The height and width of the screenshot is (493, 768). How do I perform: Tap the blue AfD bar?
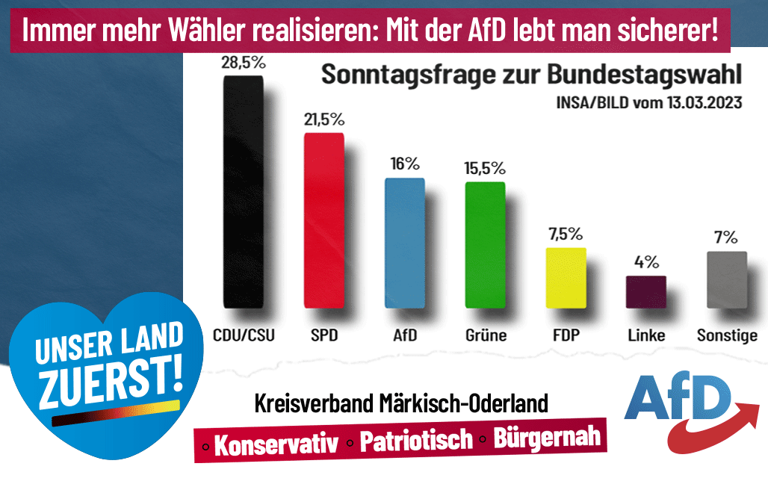point(404,243)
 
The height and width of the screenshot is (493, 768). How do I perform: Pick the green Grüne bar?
point(485,244)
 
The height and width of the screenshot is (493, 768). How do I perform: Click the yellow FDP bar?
point(566,277)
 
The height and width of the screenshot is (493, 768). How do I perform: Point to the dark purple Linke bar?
point(646,291)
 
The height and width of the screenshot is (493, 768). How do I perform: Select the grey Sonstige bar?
point(727,279)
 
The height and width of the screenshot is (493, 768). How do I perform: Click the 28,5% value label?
point(243,63)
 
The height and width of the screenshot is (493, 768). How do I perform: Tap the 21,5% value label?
point(323,120)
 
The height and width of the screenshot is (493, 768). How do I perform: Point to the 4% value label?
point(646,262)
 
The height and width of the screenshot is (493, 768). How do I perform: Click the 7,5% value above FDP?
point(566,234)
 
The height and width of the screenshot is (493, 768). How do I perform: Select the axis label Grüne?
point(485,335)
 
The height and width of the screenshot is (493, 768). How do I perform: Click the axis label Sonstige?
point(727,335)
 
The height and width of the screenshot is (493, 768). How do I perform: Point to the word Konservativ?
point(276,444)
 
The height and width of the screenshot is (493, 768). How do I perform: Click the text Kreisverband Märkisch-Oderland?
point(402,404)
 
